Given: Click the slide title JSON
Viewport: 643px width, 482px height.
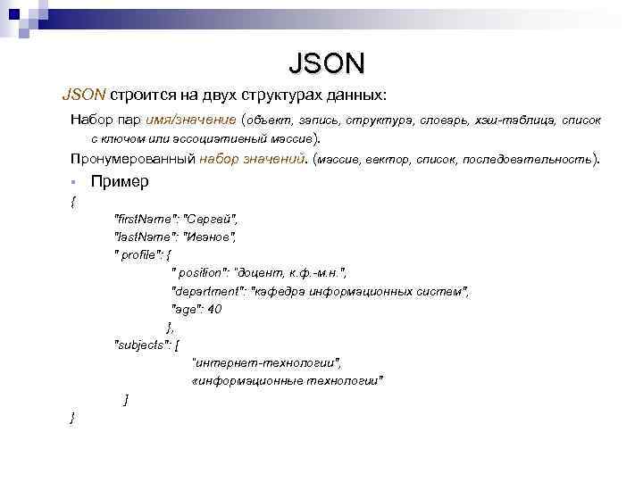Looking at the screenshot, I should tap(327, 63).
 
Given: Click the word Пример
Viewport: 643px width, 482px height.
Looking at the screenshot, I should tap(120, 181).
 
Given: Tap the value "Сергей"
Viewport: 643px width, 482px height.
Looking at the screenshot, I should tap(213, 219).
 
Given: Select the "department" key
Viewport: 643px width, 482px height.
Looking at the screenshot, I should tap(209, 291).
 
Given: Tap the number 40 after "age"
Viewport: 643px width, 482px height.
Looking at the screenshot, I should tap(214, 309).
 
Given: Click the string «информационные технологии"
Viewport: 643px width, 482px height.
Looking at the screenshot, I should tap(288, 381).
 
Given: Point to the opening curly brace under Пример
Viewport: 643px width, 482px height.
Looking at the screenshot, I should tap(72, 202).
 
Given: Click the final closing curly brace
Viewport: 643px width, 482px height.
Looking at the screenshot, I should tap(72, 417).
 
